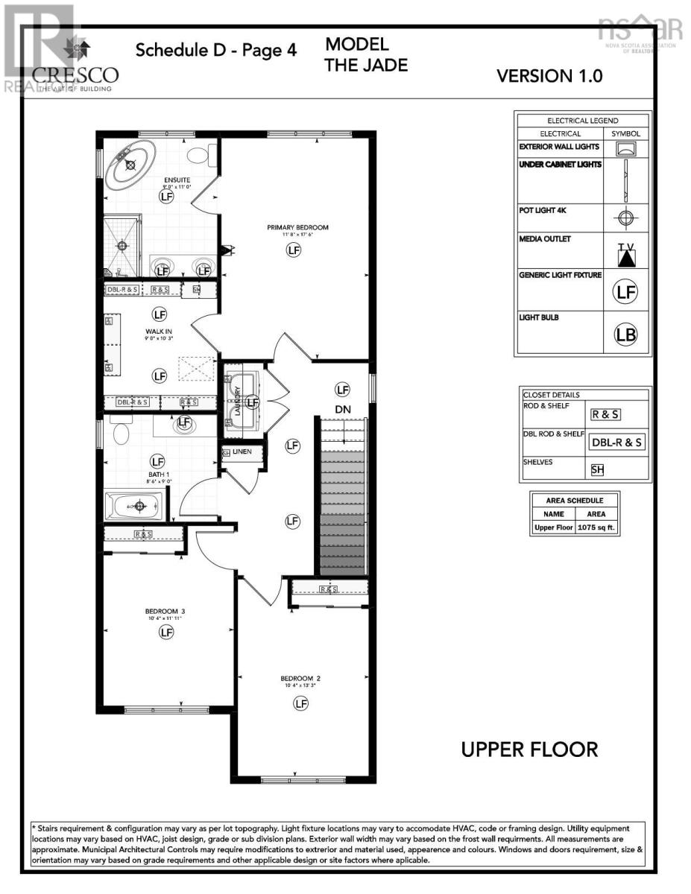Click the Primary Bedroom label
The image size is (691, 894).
(297, 227)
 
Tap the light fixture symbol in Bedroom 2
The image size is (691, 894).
(300, 703)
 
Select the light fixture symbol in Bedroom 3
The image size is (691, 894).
(165, 632)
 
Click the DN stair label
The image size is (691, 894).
(342, 409)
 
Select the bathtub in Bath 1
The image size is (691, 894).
(139, 507)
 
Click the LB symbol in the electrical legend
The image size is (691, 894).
(626, 335)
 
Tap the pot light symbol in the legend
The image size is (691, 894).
(625, 218)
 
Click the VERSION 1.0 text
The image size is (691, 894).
(549, 75)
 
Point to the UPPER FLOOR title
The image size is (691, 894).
(529, 749)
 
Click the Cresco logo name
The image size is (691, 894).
(75, 74)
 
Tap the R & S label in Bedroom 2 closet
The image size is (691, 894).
(328, 589)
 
